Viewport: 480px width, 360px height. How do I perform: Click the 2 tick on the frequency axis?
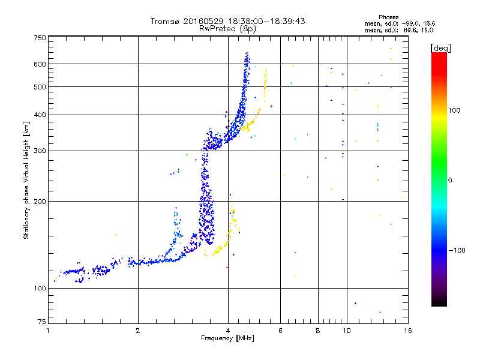(138, 331)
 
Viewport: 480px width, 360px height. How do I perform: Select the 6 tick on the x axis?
(280, 331)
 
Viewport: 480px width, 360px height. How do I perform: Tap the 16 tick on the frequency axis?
(407, 331)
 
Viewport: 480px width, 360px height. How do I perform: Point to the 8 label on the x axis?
(318, 331)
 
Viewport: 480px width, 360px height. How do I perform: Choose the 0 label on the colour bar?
(451, 180)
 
